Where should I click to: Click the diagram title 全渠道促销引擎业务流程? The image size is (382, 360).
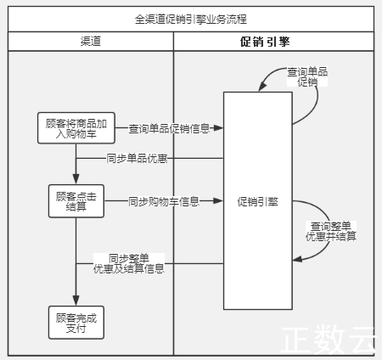[191, 20]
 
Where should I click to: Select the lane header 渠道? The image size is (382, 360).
[91, 42]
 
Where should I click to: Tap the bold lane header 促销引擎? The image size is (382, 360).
[265, 42]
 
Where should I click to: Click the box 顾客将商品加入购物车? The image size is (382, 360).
[76, 128]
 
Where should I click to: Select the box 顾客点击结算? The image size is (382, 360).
[76, 201]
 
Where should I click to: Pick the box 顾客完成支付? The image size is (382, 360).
[76, 323]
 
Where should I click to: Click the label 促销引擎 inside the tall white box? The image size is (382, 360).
[257, 202]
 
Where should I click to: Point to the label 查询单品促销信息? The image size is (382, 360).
[169, 128]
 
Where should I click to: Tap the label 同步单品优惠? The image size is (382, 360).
[137, 158]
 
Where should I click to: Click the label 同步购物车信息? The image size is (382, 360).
[164, 201]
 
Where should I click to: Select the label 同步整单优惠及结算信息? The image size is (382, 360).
[129, 263]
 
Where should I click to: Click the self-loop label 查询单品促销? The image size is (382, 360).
[307, 76]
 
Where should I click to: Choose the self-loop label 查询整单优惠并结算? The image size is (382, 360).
[331, 231]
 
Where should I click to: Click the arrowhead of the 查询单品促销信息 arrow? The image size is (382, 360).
[218, 128]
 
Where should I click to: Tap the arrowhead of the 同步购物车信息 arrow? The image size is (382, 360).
[218, 201]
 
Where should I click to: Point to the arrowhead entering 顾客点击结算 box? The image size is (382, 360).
[76, 179]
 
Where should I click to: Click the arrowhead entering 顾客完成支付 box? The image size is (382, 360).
[76, 301]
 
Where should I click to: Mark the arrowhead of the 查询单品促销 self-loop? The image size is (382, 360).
[262, 86]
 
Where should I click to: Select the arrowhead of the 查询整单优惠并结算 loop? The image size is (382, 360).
[297, 259]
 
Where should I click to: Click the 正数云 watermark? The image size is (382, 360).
[329, 340]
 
